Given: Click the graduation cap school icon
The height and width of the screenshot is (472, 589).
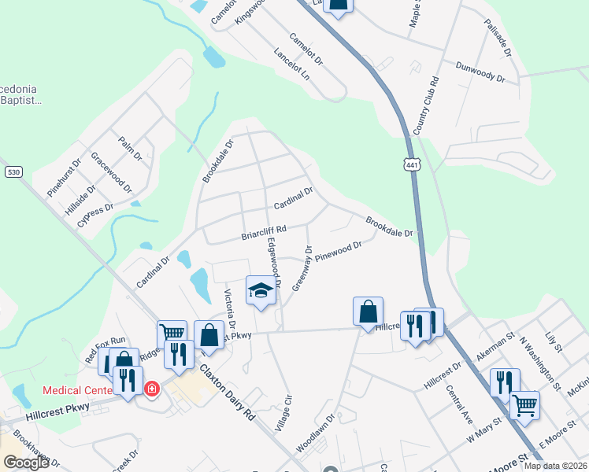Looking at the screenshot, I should pyautogui.click(x=261, y=291).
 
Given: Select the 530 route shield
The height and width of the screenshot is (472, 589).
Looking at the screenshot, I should pyautogui.click(x=13, y=171).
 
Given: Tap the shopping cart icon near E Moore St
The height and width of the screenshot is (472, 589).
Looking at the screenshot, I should pyautogui.click(x=524, y=406).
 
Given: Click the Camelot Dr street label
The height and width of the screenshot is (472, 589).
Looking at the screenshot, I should pyautogui.click(x=306, y=49).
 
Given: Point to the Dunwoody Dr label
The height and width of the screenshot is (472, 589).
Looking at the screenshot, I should pyautogui.click(x=480, y=72).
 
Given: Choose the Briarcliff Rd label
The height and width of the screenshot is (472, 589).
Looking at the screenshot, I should pyautogui.click(x=263, y=233).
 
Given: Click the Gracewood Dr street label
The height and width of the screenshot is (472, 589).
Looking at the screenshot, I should pyautogui.click(x=111, y=174).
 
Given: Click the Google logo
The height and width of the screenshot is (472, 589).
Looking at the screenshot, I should pyautogui.click(x=26, y=463).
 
